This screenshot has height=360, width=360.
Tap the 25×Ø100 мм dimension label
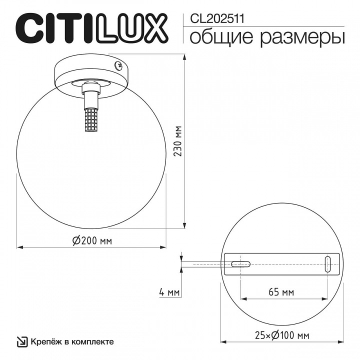pyautogui.click(x=280, y=335)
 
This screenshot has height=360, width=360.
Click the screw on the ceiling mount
pyautogui.click(x=119, y=64)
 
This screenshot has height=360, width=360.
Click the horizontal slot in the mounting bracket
pyautogui.click(x=241, y=263)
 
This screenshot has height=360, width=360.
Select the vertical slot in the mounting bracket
pyautogui.click(x=328, y=263)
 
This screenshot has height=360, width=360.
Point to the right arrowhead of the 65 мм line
pyautogui.click(x=325, y=299)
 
